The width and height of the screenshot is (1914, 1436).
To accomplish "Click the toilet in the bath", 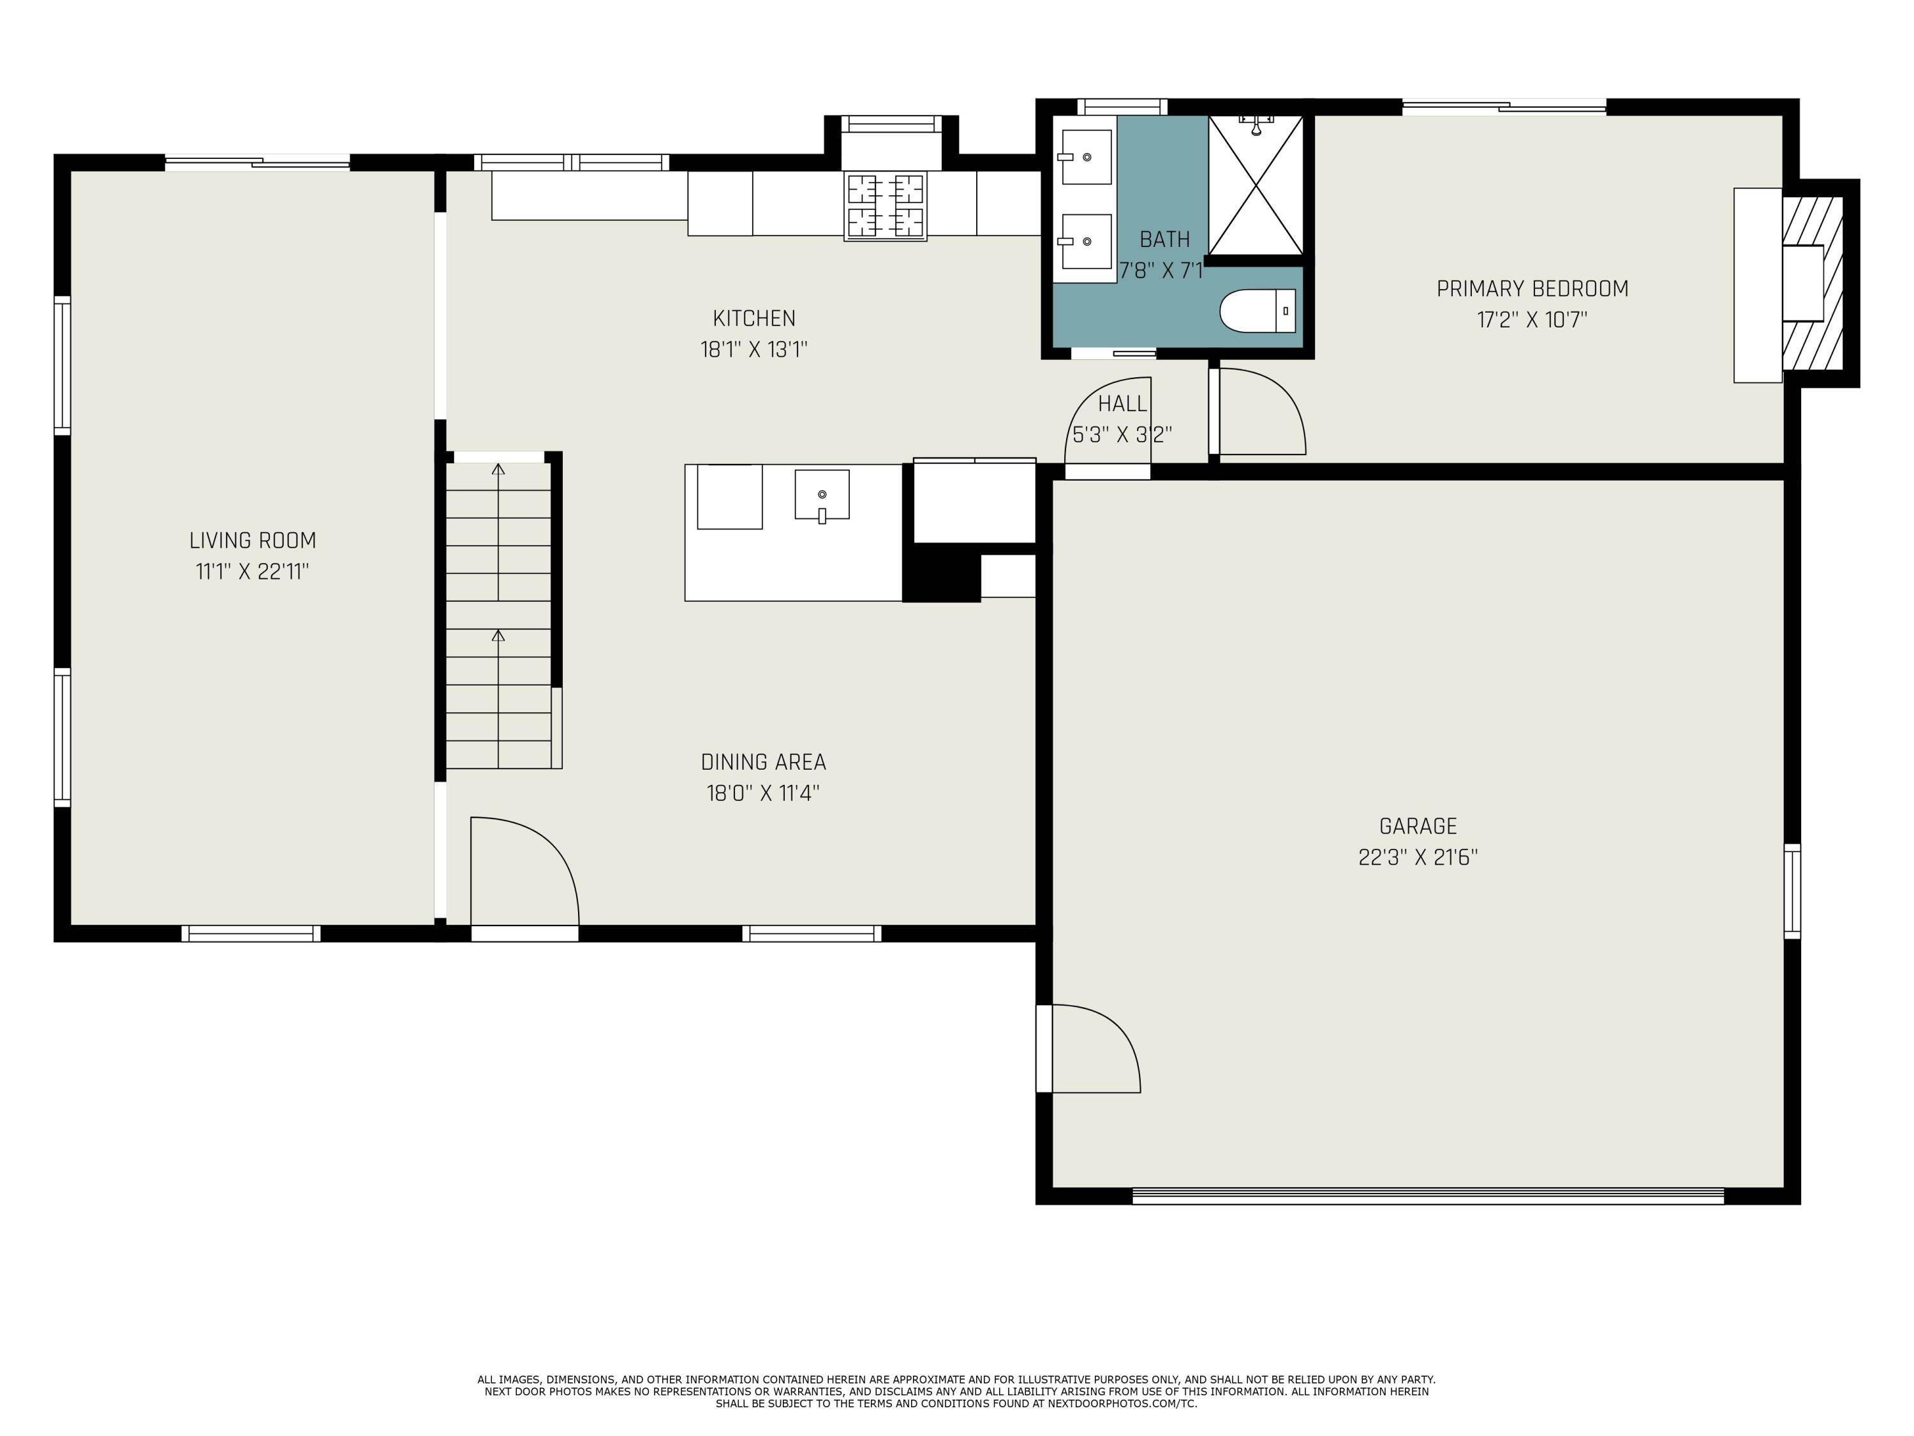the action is [1257, 311].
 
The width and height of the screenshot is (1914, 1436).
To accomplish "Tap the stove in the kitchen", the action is [885, 205].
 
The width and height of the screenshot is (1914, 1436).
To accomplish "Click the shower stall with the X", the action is [1256, 185].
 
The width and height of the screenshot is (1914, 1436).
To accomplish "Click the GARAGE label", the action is [1418, 826].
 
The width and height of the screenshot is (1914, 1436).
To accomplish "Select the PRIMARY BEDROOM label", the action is [1532, 288].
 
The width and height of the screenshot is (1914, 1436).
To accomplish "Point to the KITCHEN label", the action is [753, 318].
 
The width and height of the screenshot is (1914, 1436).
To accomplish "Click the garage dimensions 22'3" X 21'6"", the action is [1418, 857].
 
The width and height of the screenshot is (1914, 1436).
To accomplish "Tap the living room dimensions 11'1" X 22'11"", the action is [253, 571].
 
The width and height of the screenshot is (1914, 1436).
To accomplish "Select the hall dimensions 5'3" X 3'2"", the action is [1122, 435].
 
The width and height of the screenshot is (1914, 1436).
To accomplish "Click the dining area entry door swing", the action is [525, 870].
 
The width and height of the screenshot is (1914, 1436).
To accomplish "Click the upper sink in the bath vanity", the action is [1087, 156].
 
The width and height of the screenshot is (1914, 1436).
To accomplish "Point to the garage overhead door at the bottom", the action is [1428, 1196].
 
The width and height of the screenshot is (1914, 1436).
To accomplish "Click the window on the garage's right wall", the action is [1792, 891].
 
